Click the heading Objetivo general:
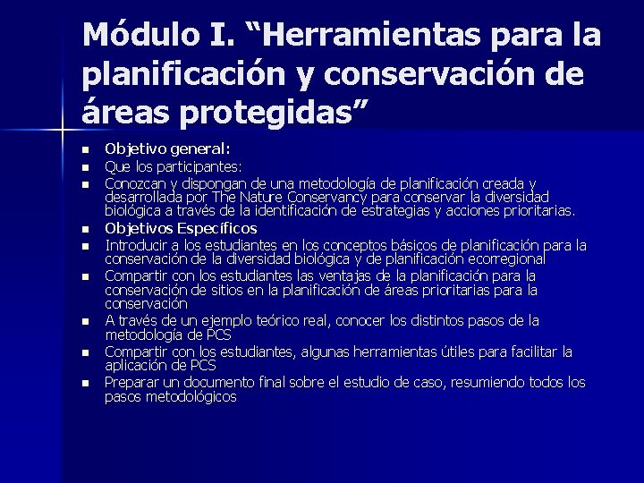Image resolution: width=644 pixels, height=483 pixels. coord(167,148)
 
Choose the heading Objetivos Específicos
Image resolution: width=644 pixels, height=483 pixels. coord(181,228)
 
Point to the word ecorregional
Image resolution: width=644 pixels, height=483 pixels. coord(500,258)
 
